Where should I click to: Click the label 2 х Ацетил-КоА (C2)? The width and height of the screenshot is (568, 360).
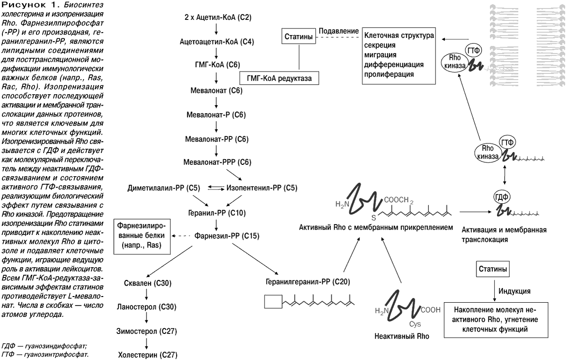coord(218,17)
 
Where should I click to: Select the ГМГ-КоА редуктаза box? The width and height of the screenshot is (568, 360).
coord(279,78)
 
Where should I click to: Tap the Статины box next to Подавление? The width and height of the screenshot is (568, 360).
coord(299,36)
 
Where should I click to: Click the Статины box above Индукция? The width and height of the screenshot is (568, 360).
coord(493,269)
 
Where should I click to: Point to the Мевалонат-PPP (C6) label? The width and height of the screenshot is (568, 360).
coord(217,162)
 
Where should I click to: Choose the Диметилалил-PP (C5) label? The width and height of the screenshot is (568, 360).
coord(164,188)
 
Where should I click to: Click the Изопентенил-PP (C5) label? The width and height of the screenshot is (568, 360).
coord(262,188)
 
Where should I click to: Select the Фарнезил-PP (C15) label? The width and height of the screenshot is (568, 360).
coord(227,236)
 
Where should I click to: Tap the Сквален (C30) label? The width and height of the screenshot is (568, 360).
coord(148,283)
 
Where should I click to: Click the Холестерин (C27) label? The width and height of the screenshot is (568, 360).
coord(148,355)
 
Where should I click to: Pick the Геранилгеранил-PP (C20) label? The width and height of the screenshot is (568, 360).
coord(308,282)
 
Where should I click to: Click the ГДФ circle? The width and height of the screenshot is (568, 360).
coord(502,197)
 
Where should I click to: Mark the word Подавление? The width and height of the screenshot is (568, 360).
coord(338,31)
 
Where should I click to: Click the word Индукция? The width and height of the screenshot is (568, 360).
coord(514,291)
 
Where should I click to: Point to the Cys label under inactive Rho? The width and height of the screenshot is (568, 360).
coord(415,324)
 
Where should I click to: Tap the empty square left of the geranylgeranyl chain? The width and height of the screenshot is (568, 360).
coord(273,302)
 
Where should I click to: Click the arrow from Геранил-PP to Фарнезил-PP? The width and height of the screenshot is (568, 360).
coord(216,225)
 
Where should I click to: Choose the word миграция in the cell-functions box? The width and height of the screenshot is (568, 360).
coord(380,55)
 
